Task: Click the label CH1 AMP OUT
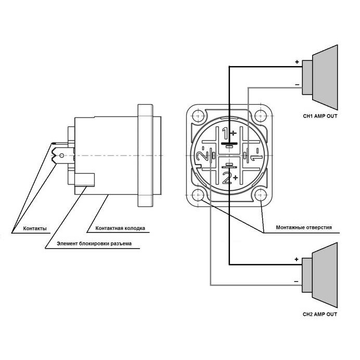320,116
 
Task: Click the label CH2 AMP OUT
320,314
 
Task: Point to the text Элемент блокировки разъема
94,243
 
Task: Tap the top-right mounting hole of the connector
260,115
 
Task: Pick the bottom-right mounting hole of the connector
260,196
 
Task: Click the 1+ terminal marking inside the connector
228,132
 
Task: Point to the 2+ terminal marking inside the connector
229,179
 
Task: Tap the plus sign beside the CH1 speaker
297,62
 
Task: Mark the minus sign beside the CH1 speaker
297,84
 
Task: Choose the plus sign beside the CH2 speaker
296,259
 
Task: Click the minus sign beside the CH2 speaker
296,281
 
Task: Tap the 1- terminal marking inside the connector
254,156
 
